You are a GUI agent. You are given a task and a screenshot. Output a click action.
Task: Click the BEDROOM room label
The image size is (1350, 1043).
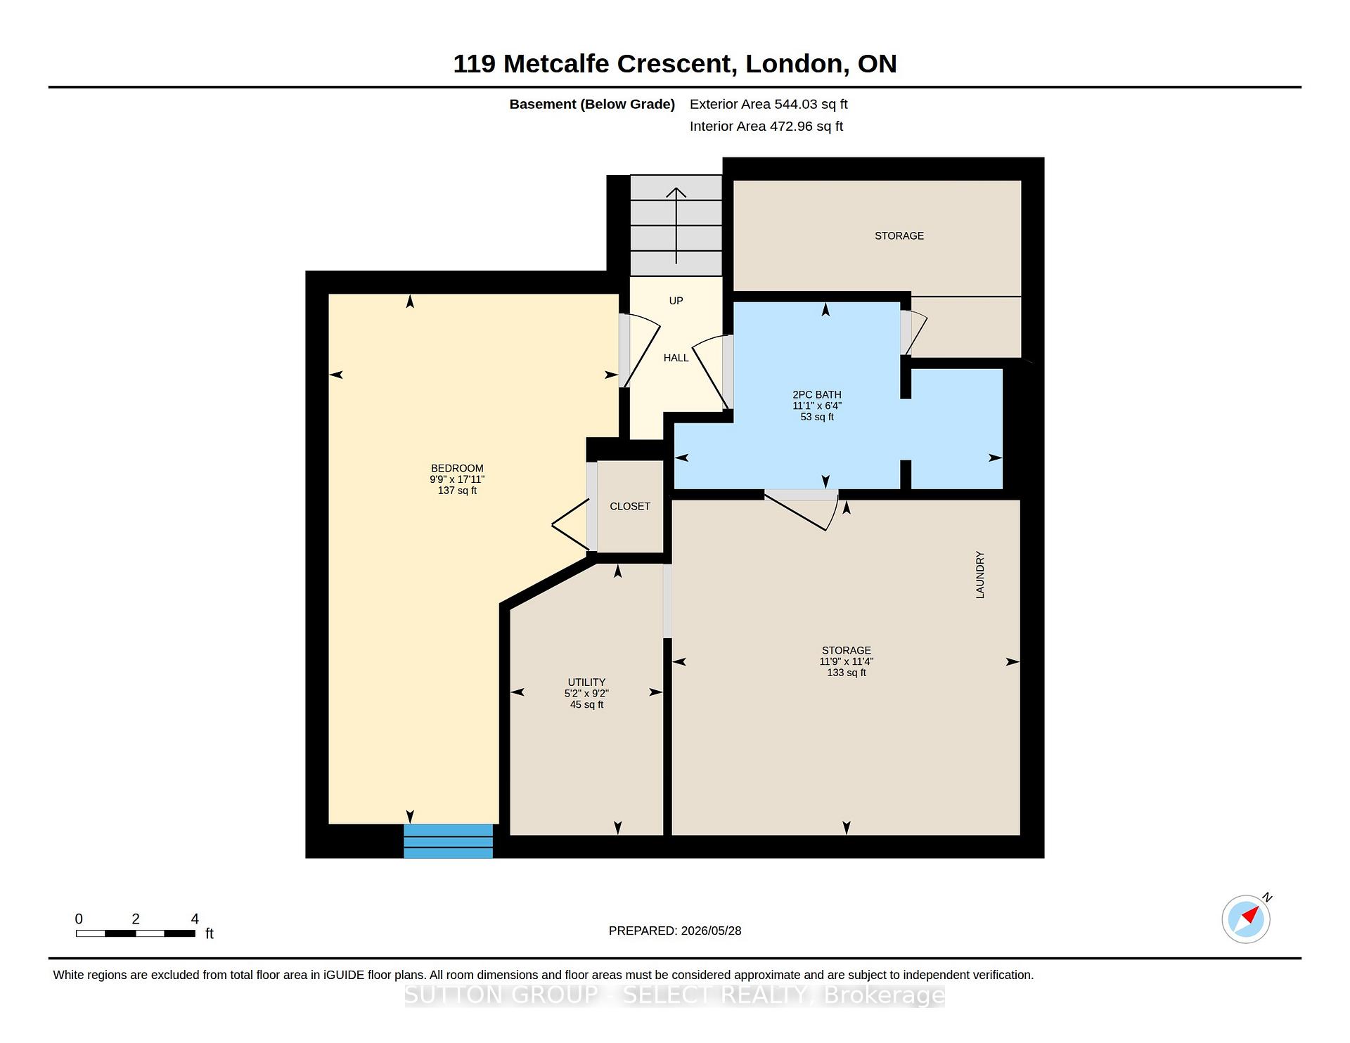tap(457, 468)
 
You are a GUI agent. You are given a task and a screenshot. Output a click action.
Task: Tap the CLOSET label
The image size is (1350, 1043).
tap(630, 506)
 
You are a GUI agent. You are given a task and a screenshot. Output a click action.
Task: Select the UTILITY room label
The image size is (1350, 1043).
tap(586, 682)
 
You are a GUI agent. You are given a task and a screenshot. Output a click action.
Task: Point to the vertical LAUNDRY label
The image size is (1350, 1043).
tap(980, 575)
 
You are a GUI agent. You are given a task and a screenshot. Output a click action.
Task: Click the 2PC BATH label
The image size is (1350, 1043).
tap(817, 394)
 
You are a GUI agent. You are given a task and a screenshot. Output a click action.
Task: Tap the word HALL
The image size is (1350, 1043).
tap(676, 358)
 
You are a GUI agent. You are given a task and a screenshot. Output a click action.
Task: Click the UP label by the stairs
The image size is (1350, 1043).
tap(676, 301)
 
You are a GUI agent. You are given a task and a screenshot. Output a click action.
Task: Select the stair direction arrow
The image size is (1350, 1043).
tap(676, 226)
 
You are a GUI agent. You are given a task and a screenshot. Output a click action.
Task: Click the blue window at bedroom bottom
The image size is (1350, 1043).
tap(448, 841)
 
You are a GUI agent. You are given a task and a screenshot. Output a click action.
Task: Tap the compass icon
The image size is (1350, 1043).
tap(1246, 919)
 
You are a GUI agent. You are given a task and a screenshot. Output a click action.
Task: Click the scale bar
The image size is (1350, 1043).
tap(136, 933)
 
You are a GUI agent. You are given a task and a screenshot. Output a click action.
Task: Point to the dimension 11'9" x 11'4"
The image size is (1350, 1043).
tap(847, 661)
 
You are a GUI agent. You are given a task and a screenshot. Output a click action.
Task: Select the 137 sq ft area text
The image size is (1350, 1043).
tap(457, 491)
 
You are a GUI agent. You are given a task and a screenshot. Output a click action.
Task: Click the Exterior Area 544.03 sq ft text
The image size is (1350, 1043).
tap(769, 104)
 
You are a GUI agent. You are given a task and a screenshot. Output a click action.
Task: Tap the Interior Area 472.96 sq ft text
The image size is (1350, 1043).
tap(766, 127)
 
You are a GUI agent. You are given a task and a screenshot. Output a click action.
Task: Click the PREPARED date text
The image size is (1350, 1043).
tap(675, 931)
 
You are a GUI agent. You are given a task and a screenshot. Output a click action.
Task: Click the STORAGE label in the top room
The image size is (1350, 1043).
tap(899, 235)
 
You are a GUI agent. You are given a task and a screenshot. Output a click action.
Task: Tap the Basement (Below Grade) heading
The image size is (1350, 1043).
tap(592, 104)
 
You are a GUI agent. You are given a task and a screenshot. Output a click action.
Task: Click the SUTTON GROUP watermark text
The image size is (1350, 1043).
tap(675, 995)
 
